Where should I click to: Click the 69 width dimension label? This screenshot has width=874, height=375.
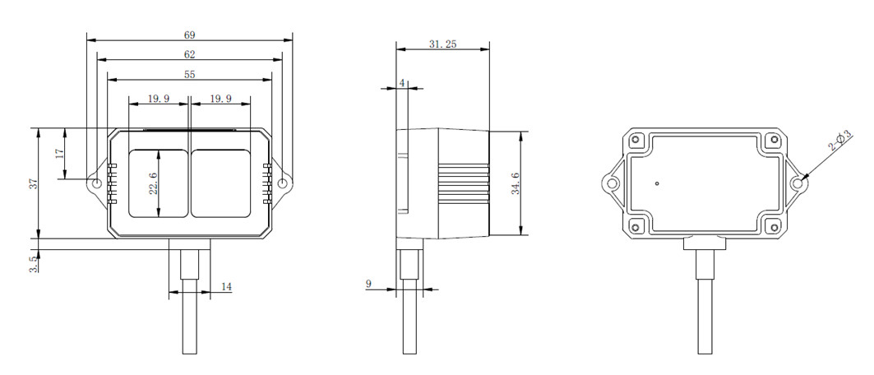point(189,35)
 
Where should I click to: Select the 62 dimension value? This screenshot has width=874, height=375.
point(189,54)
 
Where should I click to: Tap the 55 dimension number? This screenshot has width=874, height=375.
point(189,74)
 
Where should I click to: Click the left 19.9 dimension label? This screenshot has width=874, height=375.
point(159,99)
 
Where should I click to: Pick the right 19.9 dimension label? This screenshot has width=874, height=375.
point(220,99)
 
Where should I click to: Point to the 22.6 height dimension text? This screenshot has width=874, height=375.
point(154,183)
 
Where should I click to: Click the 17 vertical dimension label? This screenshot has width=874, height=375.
point(60,154)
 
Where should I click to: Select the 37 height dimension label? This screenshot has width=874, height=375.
point(34,183)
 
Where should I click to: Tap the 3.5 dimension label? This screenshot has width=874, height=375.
point(34,263)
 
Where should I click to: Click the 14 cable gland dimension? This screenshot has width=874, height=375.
point(226,287)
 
